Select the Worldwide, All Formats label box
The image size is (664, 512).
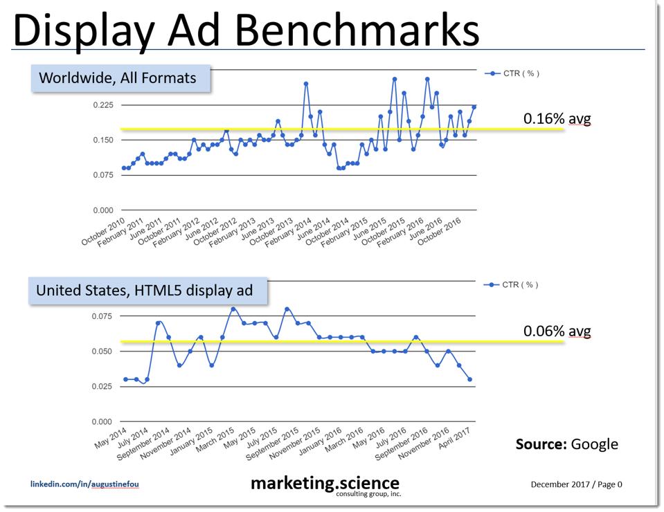point(118,78)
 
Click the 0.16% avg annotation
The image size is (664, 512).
point(557,119)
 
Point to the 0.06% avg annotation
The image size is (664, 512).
point(557,331)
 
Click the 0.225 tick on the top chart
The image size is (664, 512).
point(102,105)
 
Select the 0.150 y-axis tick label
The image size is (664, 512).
point(102,140)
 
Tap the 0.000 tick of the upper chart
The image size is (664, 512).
point(102,210)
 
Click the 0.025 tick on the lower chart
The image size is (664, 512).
point(102,387)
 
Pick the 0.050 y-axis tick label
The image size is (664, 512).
point(102,351)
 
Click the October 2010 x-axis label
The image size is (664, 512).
point(104,231)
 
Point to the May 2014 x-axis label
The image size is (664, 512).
point(111,436)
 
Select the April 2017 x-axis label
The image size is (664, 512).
point(455,439)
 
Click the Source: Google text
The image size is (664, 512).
point(566,444)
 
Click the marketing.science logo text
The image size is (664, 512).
point(325,482)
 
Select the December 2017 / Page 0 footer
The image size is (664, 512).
point(576,484)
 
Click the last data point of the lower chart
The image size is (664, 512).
point(470,379)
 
